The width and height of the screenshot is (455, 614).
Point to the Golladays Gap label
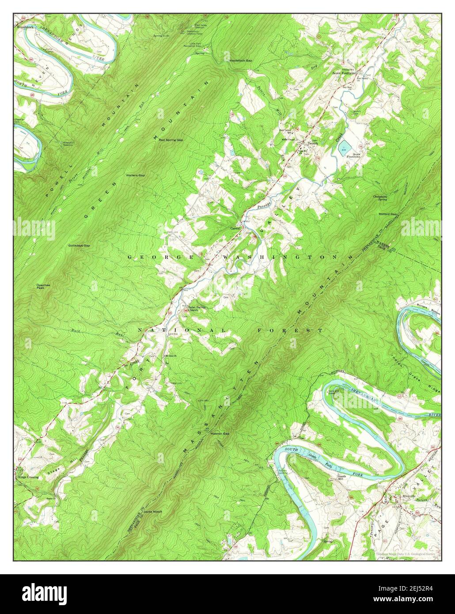coord(79,245)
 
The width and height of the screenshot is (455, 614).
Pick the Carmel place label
coord(235,228)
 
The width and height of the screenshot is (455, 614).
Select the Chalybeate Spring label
coord(380,198)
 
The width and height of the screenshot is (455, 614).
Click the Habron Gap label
coord(220,433)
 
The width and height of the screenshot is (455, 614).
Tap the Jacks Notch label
coord(152,512)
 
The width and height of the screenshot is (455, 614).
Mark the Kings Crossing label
coord(28,477)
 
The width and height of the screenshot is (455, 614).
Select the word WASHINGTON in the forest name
coord(280,257)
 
